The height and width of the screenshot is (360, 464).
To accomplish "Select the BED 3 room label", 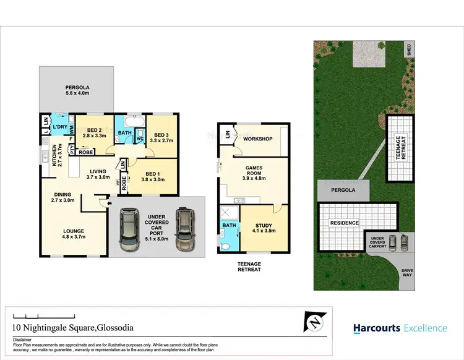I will click(x=161, y=137).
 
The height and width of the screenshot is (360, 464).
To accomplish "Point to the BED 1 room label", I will click(x=153, y=177).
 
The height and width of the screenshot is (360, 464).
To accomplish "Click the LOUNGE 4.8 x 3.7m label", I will click(x=73, y=234).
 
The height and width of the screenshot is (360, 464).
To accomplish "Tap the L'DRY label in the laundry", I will click(x=60, y=127).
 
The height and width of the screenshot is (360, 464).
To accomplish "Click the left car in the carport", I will click(x=129, y=230).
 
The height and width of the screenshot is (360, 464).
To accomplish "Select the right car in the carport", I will click(x=184, y=229).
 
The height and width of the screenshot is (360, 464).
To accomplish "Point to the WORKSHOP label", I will click(x=257, y=139).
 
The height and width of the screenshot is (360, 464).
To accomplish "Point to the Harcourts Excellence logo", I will click(x=400, y=328).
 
